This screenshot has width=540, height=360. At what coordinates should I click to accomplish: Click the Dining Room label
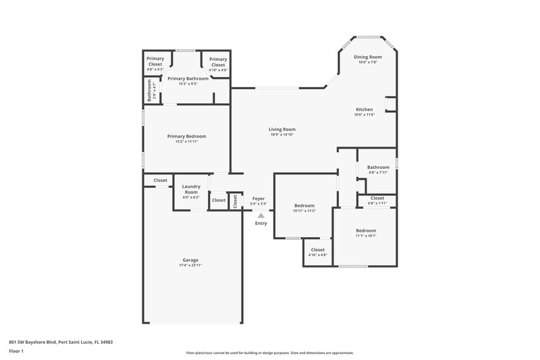click(368, 57)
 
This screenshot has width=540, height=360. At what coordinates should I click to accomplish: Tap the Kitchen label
click(364, 109)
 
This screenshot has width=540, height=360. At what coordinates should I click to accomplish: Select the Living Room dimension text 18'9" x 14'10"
click(282, 134)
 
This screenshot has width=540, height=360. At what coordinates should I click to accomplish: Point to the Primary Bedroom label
click(187, 136)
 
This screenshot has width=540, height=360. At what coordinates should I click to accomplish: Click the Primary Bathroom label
click(187, 78)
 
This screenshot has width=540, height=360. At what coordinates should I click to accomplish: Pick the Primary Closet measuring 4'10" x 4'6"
click(217, 63)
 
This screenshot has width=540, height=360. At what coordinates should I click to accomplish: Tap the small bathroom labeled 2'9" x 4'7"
click(150, 91)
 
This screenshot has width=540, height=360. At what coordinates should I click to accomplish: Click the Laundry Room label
click(190, 189)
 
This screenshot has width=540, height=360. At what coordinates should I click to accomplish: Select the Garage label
click(190, 260)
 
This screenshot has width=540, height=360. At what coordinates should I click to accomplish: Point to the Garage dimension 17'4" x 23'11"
click(190, 265)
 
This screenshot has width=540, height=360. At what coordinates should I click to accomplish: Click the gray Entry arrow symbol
click(261, 215)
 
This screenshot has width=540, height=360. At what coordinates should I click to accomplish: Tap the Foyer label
click(259, 199)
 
